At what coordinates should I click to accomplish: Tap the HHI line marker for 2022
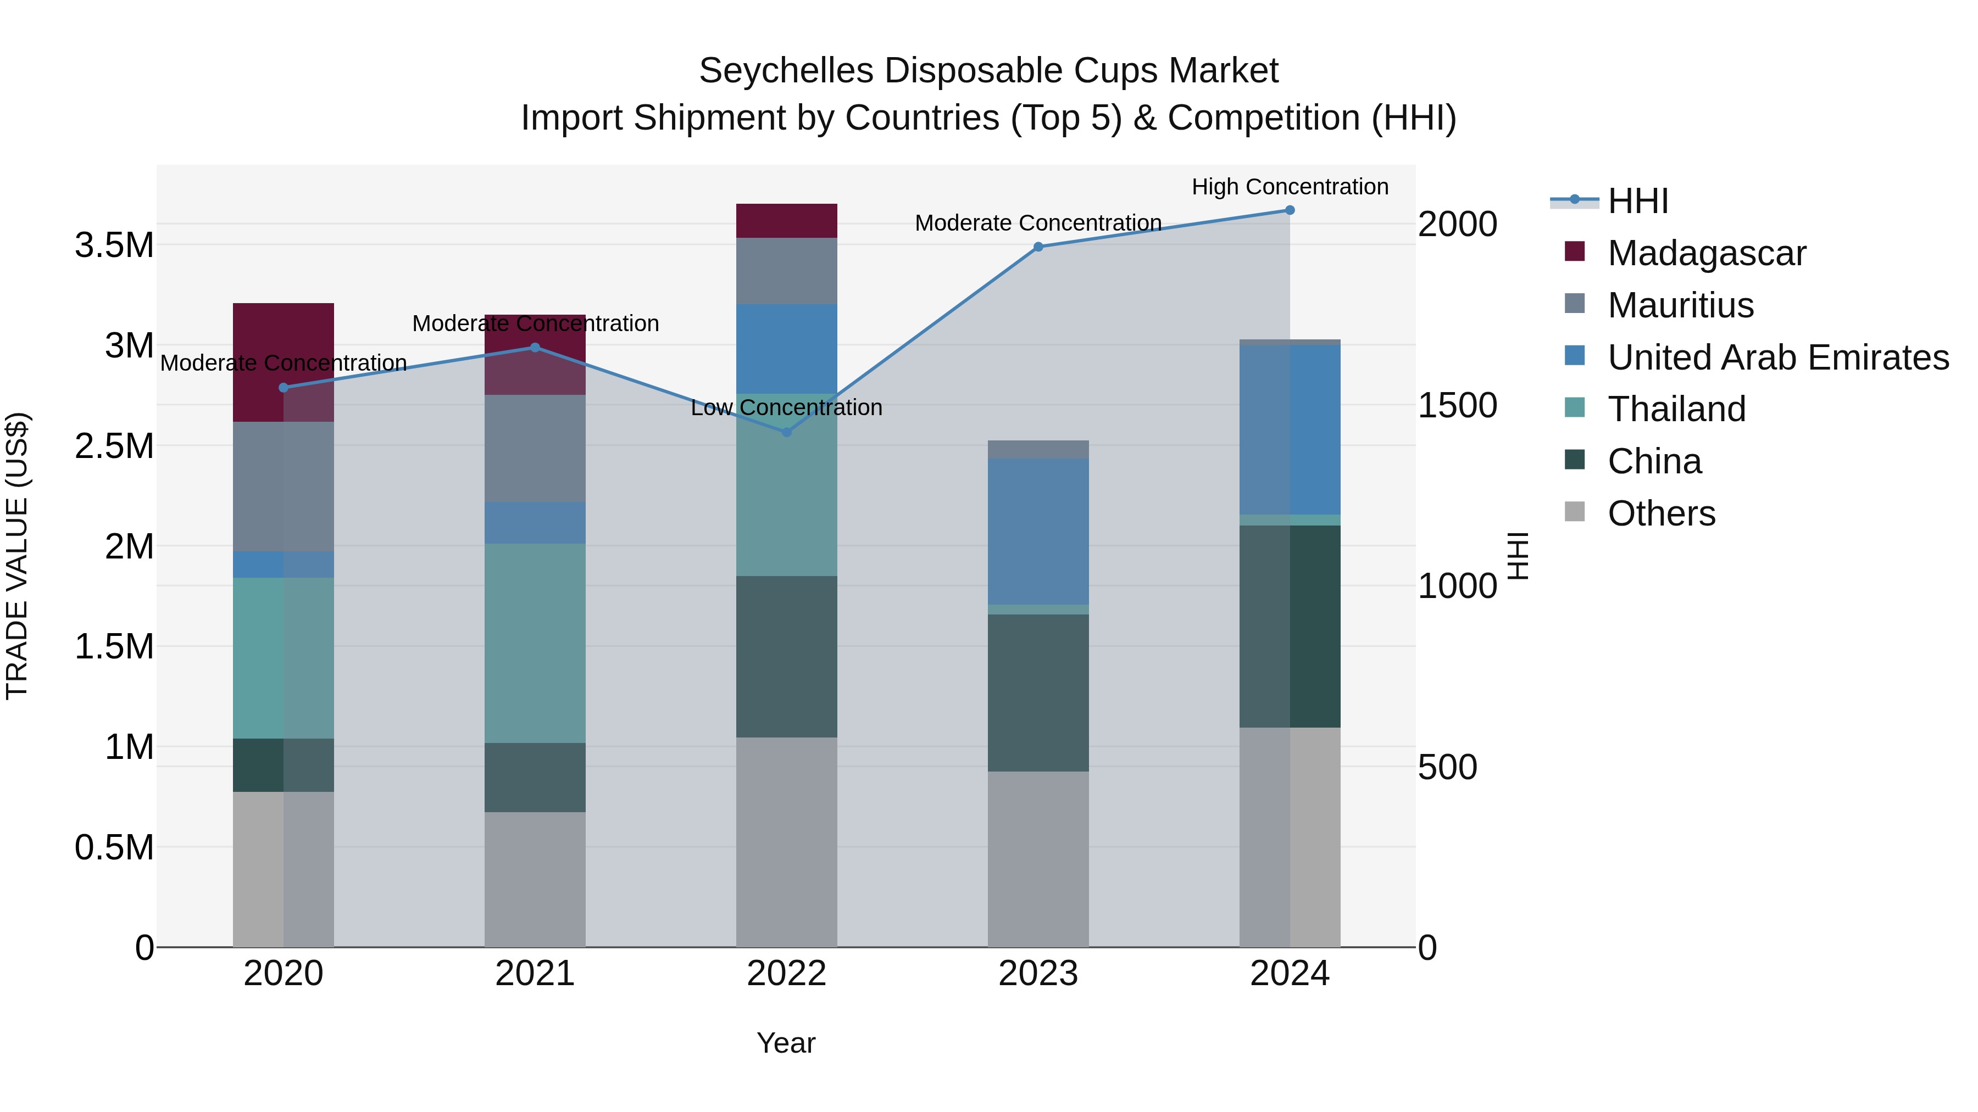tap(786, 432)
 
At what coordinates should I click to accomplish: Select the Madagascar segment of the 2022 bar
tap(786, 221)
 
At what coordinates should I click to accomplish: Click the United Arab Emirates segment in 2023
tap(1037, 531)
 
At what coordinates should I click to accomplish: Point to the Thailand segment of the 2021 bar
tap(535, 643)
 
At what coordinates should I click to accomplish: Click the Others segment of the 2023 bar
tap(1037, 859)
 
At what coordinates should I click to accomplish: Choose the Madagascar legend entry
tap(1706, 253)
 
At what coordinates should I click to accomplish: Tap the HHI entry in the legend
tap(1637, 201)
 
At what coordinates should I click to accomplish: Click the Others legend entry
tap(1661, 513)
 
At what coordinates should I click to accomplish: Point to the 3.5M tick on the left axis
tap(114, 245)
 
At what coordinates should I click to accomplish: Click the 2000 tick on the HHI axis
tap(1457, 224)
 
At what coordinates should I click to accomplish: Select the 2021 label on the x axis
tap(535, 973)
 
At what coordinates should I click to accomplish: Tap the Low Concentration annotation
tap(786, 407)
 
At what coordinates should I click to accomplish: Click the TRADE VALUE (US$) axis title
tap(17, 556)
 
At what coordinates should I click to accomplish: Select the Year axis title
tap(786, 1043)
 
